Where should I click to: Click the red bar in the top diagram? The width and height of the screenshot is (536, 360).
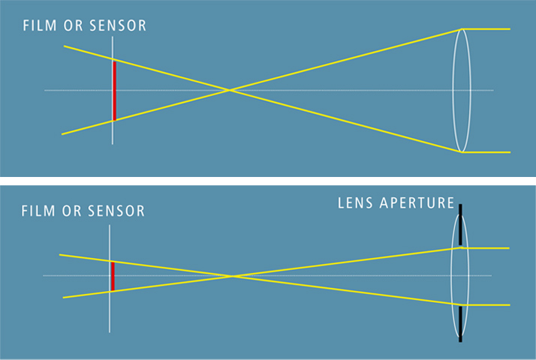(x=114, y=90)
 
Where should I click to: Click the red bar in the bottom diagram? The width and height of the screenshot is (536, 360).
(x=112, y=276)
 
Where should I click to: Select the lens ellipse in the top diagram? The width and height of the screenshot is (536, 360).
(x=461, y=60)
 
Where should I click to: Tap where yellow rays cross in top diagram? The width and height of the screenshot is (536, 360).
(x=230, y=90)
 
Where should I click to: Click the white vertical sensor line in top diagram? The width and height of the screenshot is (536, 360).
(x=113, y=131)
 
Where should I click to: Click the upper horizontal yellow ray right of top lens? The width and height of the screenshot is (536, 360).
(x=488, y=29)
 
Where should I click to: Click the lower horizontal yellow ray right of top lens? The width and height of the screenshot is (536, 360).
(x=488, y=152)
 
